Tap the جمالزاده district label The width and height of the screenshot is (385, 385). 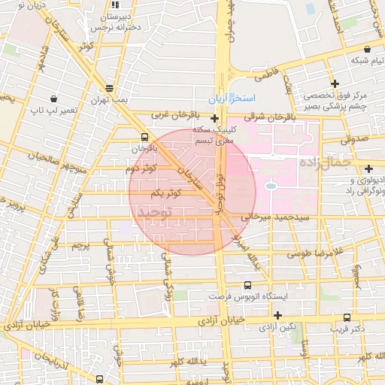pos(326,162)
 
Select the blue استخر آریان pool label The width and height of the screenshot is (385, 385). pos(232,99)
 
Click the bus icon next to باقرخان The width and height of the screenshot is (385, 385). pos(144,137)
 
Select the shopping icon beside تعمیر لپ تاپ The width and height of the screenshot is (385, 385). pos(53,99)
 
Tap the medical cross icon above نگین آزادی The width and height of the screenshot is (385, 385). pos(277,314)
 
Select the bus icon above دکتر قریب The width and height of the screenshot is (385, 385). pos(347,317)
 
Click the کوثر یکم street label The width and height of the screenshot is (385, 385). pos(167,194)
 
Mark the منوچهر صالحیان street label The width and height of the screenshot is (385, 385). pos(53,156)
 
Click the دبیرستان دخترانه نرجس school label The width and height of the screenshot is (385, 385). pos(116,20)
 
